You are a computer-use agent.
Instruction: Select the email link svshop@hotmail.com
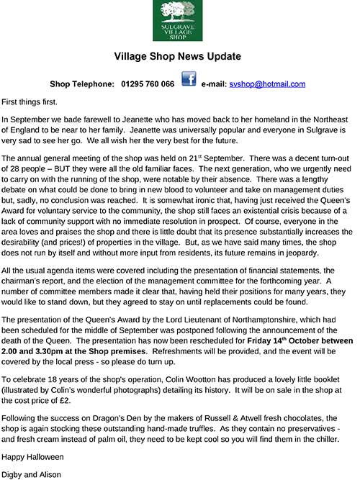coord(268,83)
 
